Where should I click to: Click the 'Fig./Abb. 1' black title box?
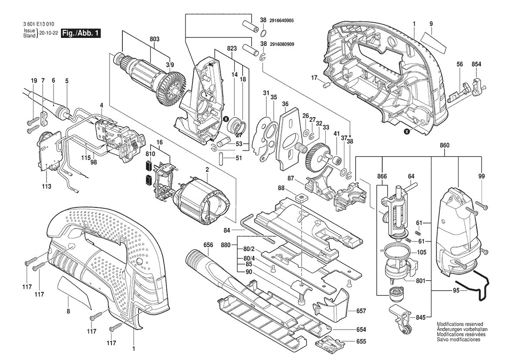coord(81,34)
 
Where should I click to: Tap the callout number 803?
coord(154,39)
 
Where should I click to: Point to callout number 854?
coord(476,64)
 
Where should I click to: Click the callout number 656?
coord(208,245)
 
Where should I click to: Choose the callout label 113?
coord(47,186)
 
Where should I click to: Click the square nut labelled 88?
coord(300,198)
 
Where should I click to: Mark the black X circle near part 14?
coord(226,119)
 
